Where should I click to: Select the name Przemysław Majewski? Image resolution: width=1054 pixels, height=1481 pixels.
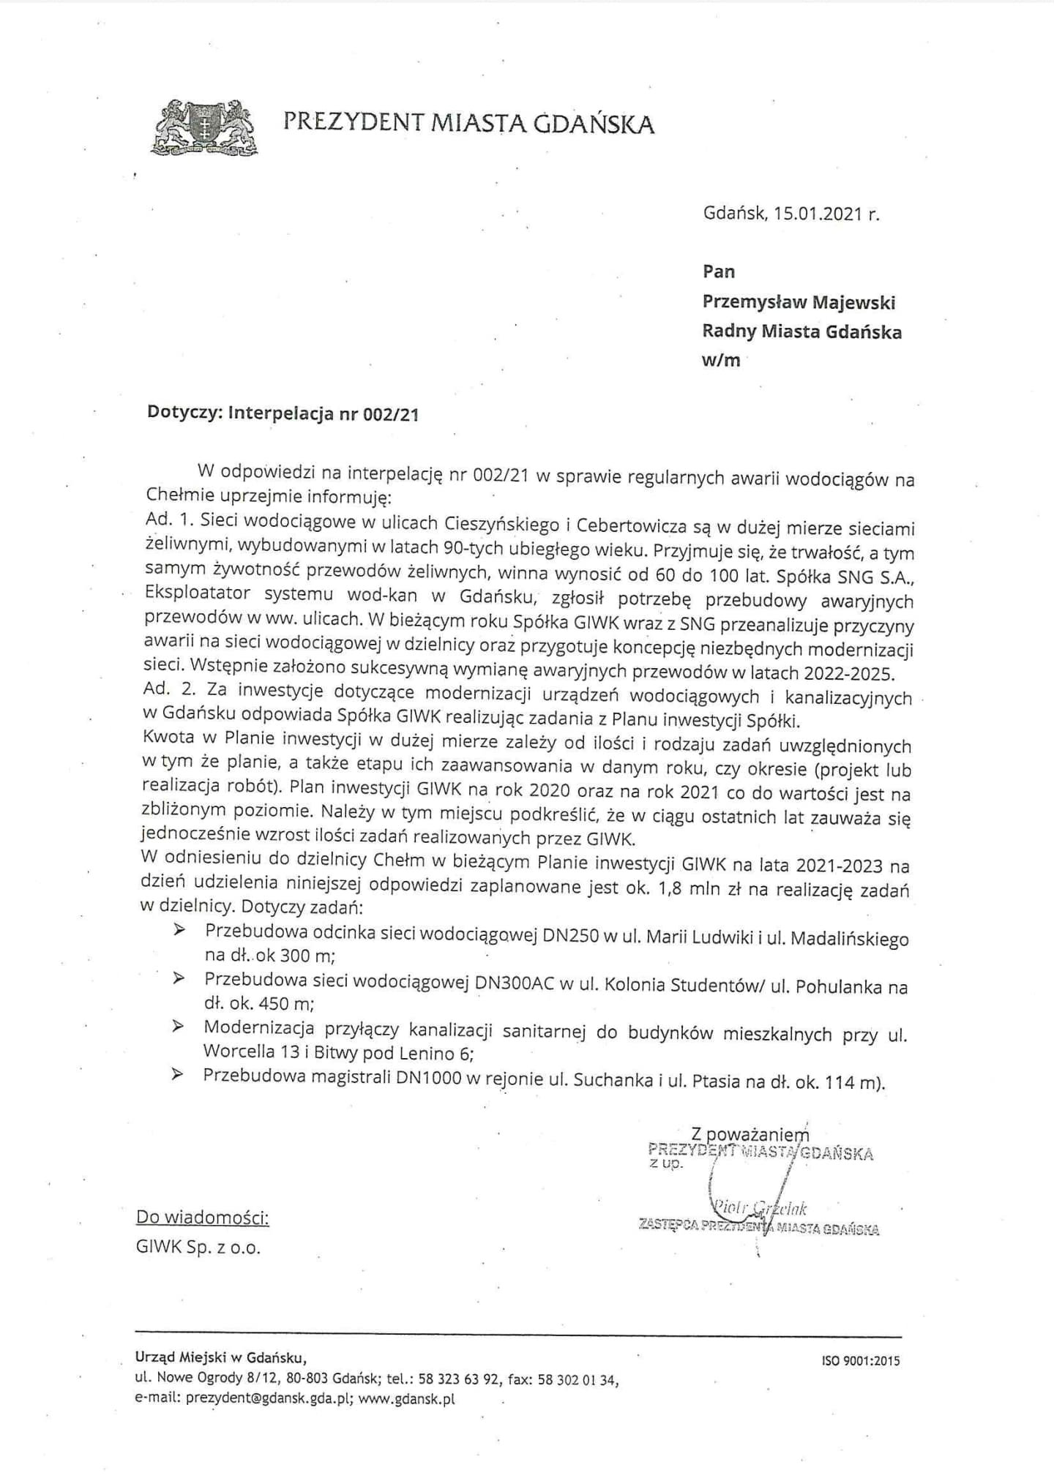point(799,302)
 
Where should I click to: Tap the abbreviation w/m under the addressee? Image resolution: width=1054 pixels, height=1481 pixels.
point(721,361)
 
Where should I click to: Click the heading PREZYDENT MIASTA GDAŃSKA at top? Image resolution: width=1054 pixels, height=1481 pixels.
point(468,123)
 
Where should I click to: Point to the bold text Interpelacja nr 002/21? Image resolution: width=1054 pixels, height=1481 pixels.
point(324,413)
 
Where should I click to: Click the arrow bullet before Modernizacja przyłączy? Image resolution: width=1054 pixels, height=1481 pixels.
point(178,1027)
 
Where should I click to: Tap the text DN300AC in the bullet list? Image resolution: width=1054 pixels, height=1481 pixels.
point(515,983)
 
